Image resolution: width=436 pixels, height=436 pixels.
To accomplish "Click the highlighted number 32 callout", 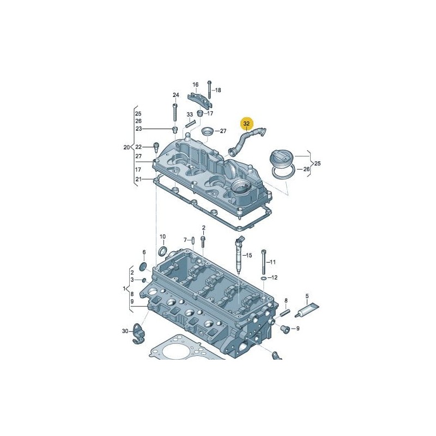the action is click(247, 124).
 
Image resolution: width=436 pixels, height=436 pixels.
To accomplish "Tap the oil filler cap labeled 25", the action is click(281, 159).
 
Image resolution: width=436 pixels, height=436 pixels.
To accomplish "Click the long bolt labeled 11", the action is click(264, 262).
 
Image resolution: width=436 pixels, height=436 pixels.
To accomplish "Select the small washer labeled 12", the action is click(264, 278).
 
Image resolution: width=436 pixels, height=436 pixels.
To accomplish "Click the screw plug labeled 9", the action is click(285, 329).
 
